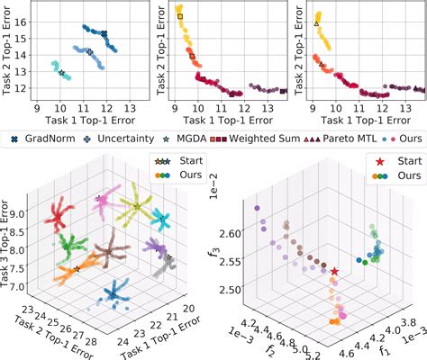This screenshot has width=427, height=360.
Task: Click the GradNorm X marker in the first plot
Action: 104,34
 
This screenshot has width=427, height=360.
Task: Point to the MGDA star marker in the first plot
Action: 62,73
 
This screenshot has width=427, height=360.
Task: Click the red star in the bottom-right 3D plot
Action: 334,271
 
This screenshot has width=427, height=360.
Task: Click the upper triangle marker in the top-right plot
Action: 316,23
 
